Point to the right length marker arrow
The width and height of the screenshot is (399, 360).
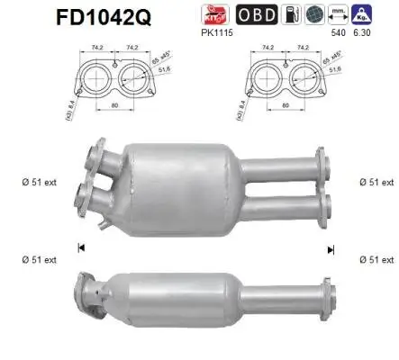pos(331,247)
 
